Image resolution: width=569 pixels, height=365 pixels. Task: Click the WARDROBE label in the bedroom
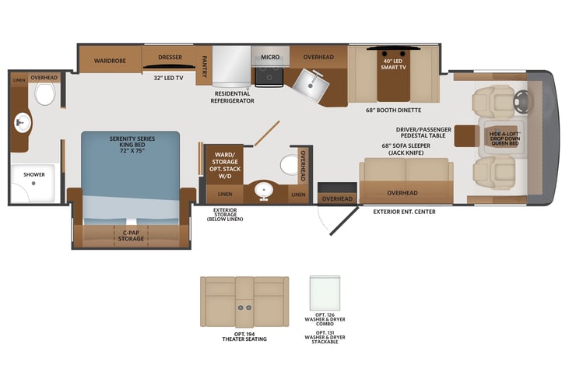[x=110, y=61]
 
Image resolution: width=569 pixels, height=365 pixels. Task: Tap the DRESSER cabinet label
[x=170, y=57]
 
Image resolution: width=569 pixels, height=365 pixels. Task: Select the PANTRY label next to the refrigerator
[x=204, y=66]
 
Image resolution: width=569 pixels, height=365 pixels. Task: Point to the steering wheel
[x=522, y=101]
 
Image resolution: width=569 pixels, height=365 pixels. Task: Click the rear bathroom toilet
[x=44, y=93]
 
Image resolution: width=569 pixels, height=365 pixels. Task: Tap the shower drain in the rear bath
[x=33, y=183]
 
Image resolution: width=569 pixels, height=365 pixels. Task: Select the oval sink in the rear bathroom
[x=23, y=123]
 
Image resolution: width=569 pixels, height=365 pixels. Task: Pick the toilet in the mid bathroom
[x=290, y=165]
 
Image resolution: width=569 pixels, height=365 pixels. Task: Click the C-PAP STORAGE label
[x=131, y=236]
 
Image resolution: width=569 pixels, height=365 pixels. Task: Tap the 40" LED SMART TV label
[x=393, y=65]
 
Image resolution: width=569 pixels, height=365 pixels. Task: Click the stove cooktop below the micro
[x=269, y=77]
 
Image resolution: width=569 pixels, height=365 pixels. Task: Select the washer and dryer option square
[x=325, y=293]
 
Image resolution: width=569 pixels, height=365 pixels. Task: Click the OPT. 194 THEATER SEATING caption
[x=244, y=337]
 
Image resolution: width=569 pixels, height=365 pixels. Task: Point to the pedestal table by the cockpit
[x=467, y=135]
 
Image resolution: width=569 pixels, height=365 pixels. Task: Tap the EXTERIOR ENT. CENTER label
[x=404, y=212]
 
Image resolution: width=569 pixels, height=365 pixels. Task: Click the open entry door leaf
[x=344, y=220]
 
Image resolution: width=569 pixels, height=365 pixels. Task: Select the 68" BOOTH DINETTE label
[x=394, y=110]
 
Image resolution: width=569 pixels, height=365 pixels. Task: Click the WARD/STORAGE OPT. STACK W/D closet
[x=225, y=166]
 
